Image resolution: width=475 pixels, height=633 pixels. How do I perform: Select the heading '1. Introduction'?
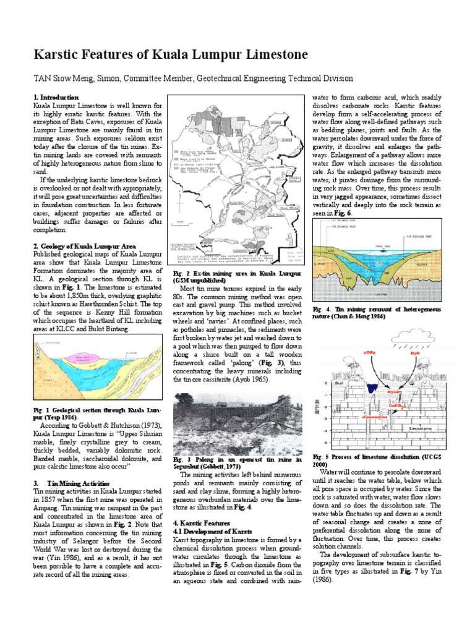pyautogui.click(x=56, y=97)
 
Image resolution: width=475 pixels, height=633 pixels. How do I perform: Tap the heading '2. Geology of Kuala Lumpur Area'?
pyautogui.click(x=79, y=245)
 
